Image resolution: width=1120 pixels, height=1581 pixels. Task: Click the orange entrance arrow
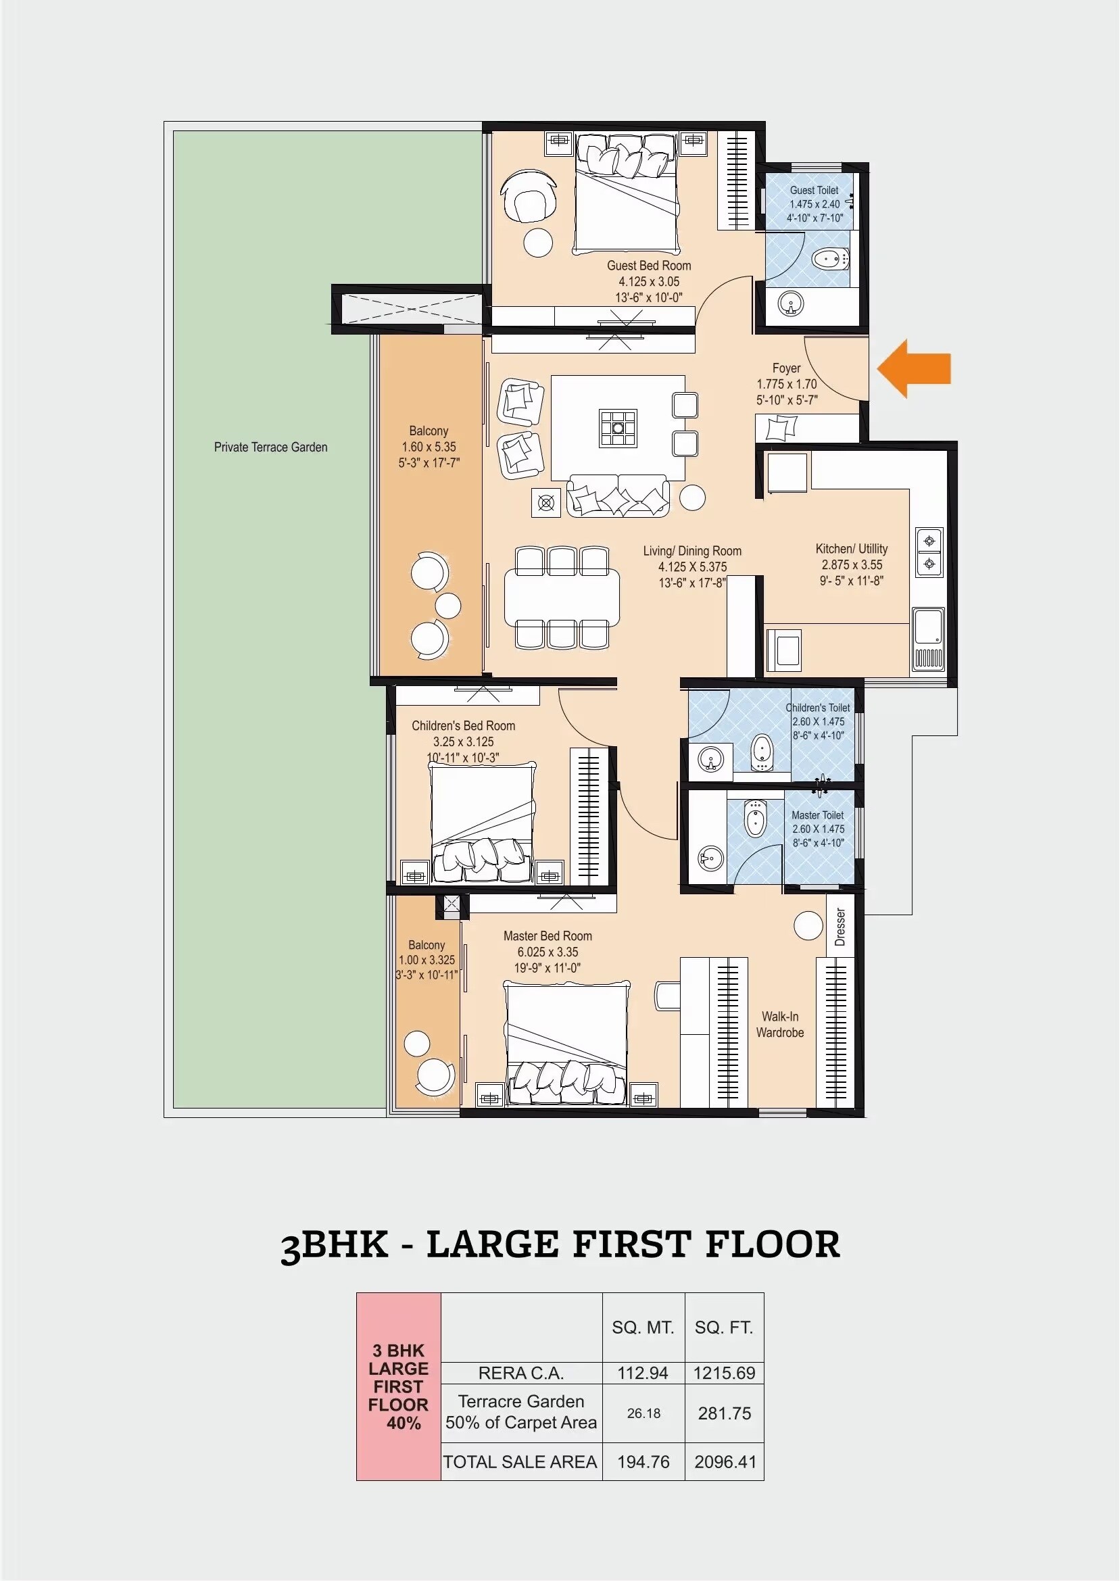[915, 368]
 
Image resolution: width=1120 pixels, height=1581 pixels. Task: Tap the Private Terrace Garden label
[270, 447]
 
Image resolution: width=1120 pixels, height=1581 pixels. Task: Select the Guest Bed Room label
[648, 266]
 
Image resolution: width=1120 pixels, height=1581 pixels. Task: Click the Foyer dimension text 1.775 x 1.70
[786, 384]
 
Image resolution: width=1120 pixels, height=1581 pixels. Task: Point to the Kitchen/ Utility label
[851, 549]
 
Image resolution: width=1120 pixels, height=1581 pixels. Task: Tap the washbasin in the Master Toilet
[709, 859]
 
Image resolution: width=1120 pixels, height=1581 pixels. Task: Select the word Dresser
[839, 927]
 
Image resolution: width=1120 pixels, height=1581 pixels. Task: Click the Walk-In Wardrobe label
[779, 1024]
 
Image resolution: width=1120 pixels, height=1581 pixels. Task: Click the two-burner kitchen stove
[929, 552]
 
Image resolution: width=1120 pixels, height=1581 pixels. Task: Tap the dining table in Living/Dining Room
[562, 598]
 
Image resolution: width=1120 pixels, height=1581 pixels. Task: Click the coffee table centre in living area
[618, 427]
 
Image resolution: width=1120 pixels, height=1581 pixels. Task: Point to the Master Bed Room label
[547, 935]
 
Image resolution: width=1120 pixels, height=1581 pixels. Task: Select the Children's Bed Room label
[464, 725]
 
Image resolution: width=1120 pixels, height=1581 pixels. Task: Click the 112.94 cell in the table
[643, 1373]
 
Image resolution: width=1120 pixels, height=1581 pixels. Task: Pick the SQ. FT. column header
[723, 1328]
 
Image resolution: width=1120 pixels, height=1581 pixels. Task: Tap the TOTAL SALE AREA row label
[520, 1462]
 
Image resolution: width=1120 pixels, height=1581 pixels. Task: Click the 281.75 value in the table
[724, 1413]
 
